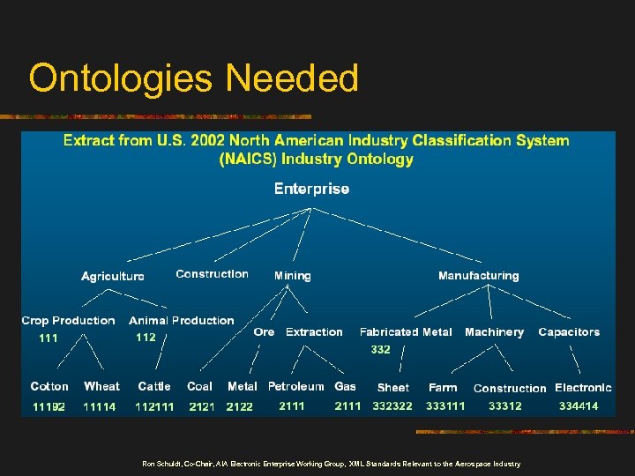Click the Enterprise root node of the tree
tap(311, 189)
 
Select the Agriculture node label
tap(113, 276)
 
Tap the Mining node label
tap(292, 276)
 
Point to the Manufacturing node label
tap(478, 276)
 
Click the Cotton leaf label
tap(49, 386)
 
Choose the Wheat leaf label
tap(101, 386)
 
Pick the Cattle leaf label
tap(154, 386)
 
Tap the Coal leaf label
tap(199, 386)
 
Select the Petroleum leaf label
tap(296, 386)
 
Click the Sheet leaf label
tap(392, 387)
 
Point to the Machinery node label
tap(494, 332)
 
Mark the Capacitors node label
tap(569, 332)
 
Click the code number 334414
tap(579, 406)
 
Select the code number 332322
tap(392, 406)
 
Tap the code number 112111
tap(154, 406)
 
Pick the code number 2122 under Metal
tap(239, 406)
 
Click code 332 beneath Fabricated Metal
tap(380, 350)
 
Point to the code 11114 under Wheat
tap(99, 406)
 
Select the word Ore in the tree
tap(264, 332)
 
